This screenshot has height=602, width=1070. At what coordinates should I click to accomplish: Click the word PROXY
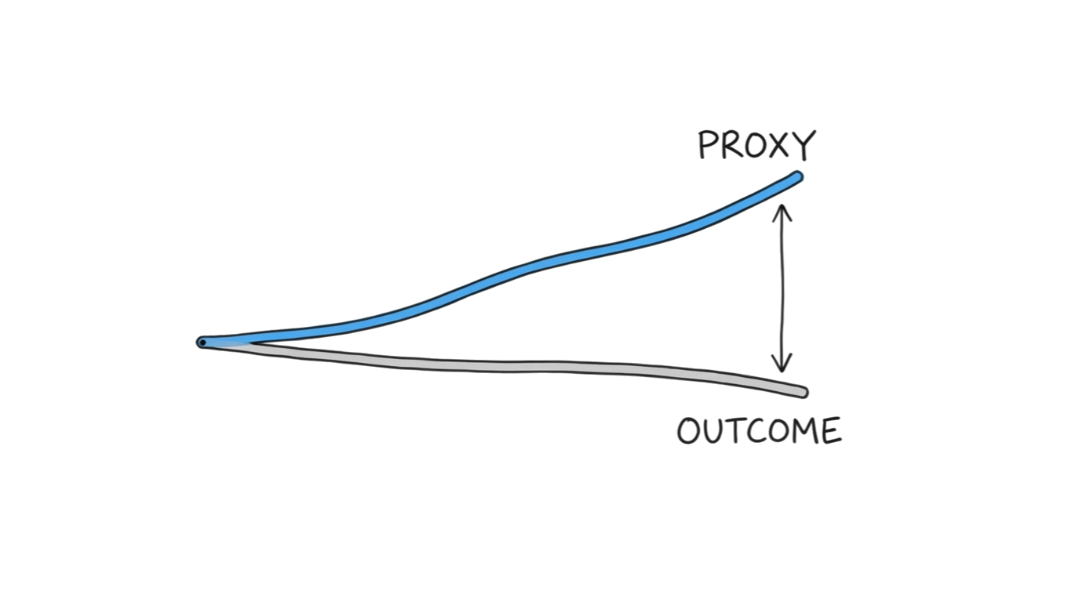pos(757,146)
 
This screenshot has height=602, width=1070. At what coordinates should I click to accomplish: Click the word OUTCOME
pos(759,431)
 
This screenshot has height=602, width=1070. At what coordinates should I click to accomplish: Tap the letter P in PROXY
pos(709,146)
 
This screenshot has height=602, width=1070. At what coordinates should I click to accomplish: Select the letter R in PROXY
pos(732,146)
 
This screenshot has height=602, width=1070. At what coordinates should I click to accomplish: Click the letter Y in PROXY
pos(805,146)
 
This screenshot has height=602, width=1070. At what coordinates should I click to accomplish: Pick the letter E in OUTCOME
pos(832,431)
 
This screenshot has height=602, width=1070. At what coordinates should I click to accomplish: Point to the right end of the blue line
pos(797,176)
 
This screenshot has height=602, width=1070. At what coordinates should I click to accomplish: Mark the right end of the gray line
pos(802,391)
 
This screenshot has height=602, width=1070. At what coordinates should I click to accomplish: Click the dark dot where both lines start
pos(202,343)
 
